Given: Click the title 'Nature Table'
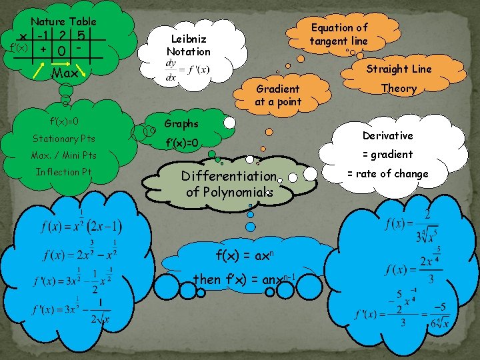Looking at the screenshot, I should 63,22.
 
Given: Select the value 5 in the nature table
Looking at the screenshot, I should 80,35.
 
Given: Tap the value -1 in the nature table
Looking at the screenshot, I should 43,35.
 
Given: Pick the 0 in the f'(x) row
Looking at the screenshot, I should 61,51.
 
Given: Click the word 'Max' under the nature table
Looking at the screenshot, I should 64,73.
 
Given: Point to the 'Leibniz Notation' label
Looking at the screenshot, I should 188,45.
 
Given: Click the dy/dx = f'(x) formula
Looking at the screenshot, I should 187,69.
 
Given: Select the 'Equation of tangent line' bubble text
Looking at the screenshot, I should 339,34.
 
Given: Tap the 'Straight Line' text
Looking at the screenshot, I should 399,69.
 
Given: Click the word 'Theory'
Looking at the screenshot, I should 399,88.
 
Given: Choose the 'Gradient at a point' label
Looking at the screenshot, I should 278,95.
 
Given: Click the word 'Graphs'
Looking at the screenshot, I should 181,123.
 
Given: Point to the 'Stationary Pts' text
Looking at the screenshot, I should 64,139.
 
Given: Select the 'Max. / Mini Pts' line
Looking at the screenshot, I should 63,155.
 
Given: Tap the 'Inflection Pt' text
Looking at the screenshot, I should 64,172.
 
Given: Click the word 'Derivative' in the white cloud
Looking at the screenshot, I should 387,135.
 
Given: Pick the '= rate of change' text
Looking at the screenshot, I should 387,173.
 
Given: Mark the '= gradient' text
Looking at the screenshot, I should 387,154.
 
